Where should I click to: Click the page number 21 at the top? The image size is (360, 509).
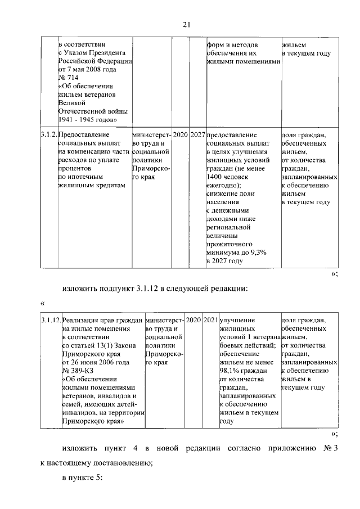coord(187,24)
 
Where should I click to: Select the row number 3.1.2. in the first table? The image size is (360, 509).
coord(49,135)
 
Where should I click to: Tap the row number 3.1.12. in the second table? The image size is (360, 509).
coord(51,320)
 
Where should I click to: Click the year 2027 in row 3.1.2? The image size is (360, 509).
coord(197,135)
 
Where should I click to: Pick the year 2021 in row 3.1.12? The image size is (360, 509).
coord(211,320)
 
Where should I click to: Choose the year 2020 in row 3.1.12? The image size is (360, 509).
coord(193,320)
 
